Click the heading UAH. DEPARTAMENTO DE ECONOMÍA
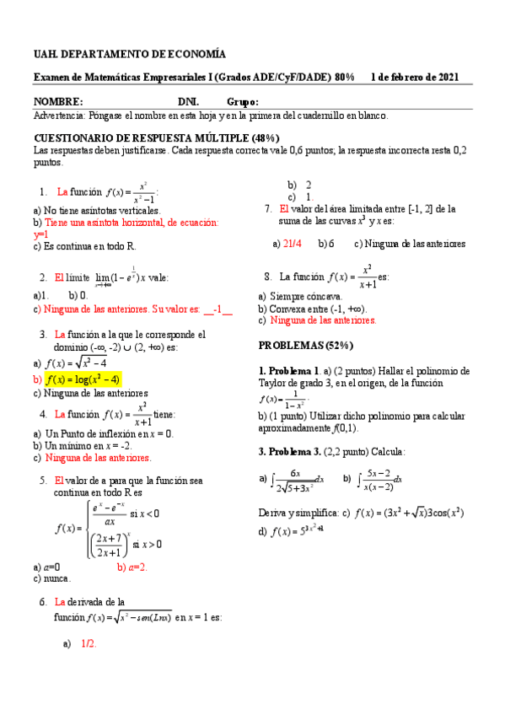[129, 54]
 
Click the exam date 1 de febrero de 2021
[415, 78]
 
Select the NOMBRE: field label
[58, 102]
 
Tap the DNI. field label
[189, 102]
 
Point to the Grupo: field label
[243, 102]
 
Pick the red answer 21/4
[293, 244]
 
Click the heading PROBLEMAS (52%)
[305, 346]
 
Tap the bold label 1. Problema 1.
[288, 371]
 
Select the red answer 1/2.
[89, 643]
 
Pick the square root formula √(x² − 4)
[76, 363]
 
